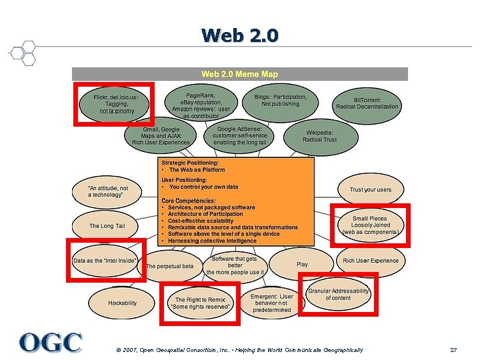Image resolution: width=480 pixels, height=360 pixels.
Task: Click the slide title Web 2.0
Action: click(x=240, y=35)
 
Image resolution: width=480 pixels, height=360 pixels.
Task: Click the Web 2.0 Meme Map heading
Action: click(x=239, y=74)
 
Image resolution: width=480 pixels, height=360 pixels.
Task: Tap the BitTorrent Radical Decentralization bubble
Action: click(x=367, y=103)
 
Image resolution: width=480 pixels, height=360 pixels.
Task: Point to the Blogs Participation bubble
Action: click(x=281, y=101)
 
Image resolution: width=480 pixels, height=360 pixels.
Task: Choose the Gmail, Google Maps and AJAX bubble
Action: click(x=161, y=135)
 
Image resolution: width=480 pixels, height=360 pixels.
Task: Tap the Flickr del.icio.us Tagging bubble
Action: click(x=115, y=104)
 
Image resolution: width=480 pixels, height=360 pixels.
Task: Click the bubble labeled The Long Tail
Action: click(x=107, y=226)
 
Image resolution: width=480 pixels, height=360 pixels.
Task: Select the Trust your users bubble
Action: click(x=371, y=190)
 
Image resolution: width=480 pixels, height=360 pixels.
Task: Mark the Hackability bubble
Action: click(x=122, y=303)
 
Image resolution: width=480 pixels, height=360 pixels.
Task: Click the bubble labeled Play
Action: click(x=302, y=264)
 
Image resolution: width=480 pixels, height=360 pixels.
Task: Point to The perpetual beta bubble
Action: click(x=169, y=266)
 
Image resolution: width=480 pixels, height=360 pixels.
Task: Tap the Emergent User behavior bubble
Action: click(x=272, y=303)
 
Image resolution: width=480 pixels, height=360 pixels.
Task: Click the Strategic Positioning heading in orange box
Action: click(x=190, y=162)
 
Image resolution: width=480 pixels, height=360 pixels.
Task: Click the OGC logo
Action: click(x=51, y=342)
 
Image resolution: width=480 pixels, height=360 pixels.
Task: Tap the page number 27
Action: click(x=453, y=350)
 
